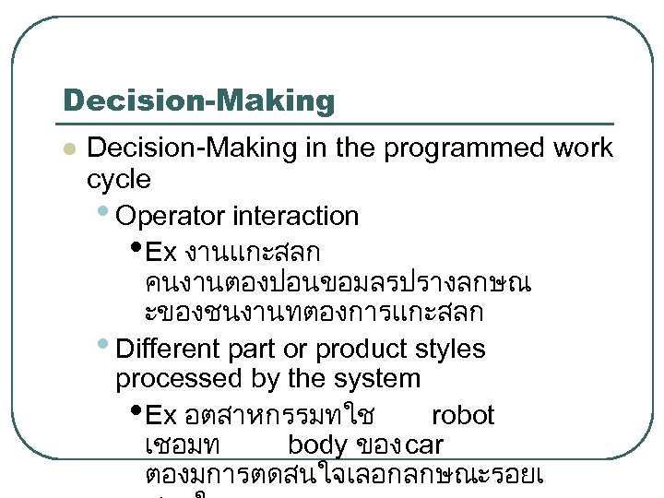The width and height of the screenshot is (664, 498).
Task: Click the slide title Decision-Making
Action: pyautogui.click(x=198, y=101)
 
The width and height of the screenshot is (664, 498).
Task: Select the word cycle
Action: pyautogui.click(x=118, y=178)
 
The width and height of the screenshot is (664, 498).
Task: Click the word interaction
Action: pyautogui.click(x=295, y=217)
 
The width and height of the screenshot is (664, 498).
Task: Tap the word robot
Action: pyautogui.click(x=462, y=415)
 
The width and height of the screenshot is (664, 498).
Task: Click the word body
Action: pyautogui.click(x=316, y=445)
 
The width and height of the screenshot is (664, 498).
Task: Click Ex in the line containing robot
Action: pyautogui.click(x=161, y=415)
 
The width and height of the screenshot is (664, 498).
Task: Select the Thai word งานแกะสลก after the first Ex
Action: pyautogui.click(x=252, y=252)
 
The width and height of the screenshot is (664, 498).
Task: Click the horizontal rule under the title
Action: pyautogui.click(x=338, y=124)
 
